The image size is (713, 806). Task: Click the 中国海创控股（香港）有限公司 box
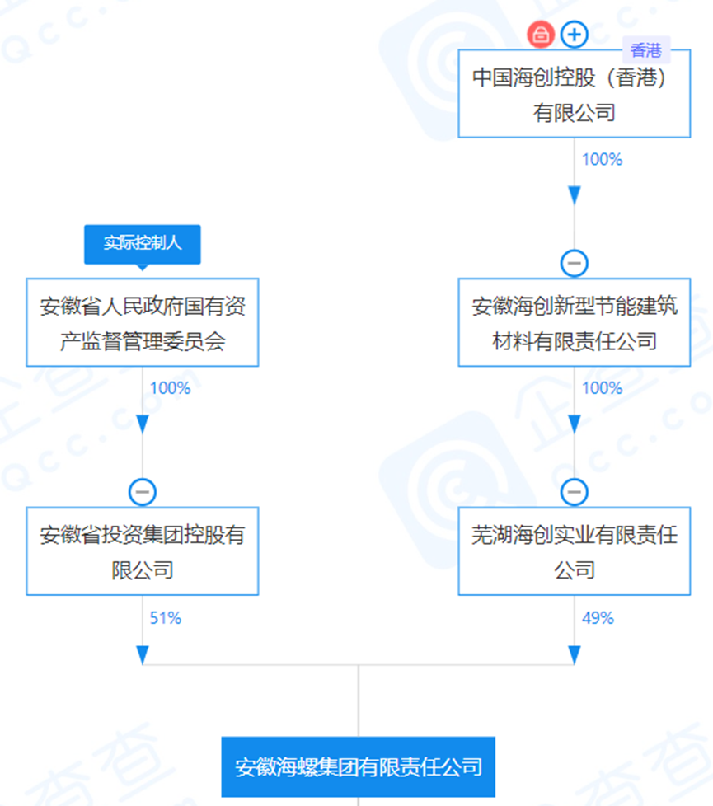(574, 94)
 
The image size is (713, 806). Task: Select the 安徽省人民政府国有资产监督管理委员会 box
(143, 322)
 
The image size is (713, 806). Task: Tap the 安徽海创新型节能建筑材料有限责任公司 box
(574, 322)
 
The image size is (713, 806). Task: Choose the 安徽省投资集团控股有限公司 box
(143, 551)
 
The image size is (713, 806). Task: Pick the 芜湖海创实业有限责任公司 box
(574, 551)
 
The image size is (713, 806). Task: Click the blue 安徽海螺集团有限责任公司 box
(359, 766)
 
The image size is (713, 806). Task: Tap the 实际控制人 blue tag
(143, 244)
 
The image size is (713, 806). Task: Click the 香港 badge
(646, 50)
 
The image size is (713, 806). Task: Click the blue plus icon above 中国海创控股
(574, 35)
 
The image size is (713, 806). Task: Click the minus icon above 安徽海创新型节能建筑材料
(574, 263)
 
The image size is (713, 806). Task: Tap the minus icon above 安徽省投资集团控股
(143, 492)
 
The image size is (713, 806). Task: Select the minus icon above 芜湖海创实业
(574, 492)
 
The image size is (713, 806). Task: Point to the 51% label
(165, 617)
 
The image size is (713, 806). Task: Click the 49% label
(598, 617)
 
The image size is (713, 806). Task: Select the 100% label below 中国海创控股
(602, 159)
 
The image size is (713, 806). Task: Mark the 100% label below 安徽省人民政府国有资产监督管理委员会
(170, 387)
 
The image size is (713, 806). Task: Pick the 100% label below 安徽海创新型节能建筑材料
(602, 387)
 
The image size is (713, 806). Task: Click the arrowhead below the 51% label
(143, 654)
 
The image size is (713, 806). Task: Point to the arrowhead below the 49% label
(574, 654)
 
